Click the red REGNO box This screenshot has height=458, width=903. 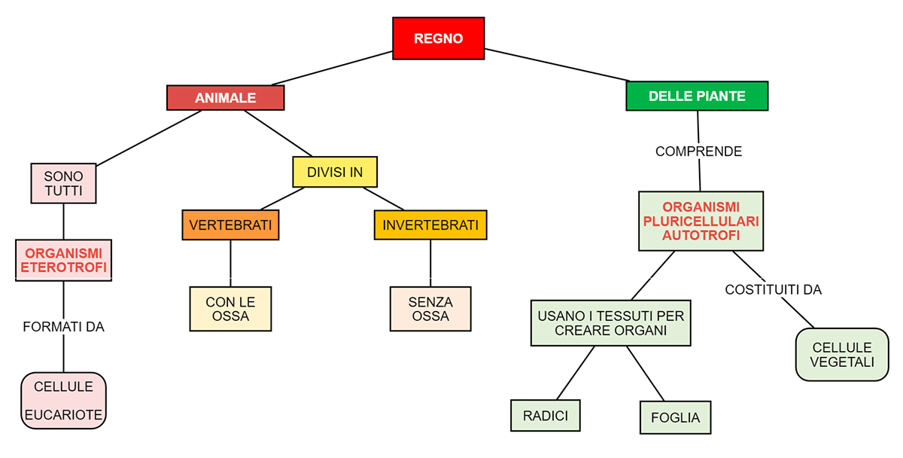point(439,38)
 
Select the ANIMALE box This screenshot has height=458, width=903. point(226,98)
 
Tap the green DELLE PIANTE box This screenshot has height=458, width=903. point(697,96)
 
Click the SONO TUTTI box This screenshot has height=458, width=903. point(63,183)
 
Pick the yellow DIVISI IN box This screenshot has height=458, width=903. point(335,172)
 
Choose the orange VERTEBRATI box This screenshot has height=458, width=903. point(230,225)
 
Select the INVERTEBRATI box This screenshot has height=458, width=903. point(430,225)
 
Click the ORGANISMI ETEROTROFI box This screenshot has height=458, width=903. point(63,260)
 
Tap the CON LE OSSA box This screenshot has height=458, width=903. point(230,309)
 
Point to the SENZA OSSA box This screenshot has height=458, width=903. point(430,309)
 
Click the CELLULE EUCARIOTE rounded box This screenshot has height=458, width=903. point(63,400)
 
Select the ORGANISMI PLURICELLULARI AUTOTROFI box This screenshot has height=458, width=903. point(701,221)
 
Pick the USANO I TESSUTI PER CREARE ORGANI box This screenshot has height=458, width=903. point(610,323)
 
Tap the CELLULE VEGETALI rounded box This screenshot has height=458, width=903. point(842,354)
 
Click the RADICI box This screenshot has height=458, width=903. point(546,415)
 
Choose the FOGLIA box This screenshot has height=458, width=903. point(675,417)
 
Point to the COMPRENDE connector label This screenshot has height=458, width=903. point(698,151)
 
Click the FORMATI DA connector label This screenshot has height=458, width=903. point(63,327)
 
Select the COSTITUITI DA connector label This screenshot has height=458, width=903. point(773,289)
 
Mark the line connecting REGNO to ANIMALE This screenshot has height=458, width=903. point(331,69)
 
